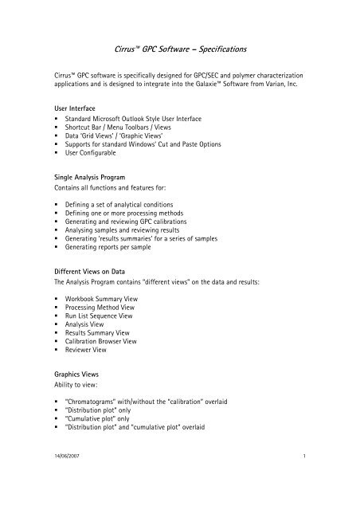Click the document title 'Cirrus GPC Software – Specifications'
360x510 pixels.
click(x=179, y=49)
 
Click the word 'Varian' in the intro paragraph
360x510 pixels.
click(x=289, y=83)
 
